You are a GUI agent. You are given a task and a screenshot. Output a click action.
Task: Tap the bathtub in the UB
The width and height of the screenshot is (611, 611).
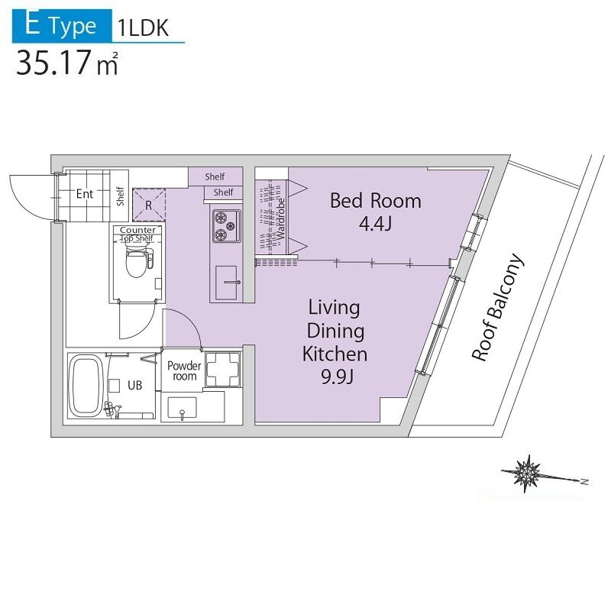pos(84,386)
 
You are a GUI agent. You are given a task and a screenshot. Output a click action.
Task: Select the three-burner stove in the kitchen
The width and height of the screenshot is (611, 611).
pos(226,226)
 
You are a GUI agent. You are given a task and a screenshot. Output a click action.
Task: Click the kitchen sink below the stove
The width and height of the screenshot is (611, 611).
pos(226,283)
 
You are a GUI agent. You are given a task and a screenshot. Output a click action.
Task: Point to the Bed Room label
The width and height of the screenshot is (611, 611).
pos(376,201)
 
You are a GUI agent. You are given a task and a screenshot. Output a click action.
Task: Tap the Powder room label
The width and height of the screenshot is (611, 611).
pos(184,371)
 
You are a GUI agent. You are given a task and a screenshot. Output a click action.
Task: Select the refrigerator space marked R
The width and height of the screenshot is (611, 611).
pos(149,205)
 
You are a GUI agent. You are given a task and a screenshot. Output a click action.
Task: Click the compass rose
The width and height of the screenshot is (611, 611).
pos(528,473)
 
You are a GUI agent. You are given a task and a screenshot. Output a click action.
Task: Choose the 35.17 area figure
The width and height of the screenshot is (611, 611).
pos(53,63)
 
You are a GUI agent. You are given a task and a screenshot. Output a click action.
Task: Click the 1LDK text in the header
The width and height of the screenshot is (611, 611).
pos(143,28)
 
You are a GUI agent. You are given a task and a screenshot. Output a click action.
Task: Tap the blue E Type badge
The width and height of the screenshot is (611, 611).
pos(62,26)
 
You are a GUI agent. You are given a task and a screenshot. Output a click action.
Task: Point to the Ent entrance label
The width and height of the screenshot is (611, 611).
pos(85,194)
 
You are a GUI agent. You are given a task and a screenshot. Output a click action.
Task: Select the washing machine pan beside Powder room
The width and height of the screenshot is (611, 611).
pos(222,370)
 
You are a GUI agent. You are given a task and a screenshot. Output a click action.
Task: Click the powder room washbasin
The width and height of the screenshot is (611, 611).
pos(182,408)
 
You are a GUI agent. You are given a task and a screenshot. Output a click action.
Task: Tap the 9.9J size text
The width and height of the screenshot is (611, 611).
pos(338,377)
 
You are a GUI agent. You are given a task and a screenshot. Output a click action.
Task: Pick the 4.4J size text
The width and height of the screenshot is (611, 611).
pos(375,224)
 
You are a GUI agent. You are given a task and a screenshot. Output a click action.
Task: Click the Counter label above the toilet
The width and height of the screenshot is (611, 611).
pos(138,230)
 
